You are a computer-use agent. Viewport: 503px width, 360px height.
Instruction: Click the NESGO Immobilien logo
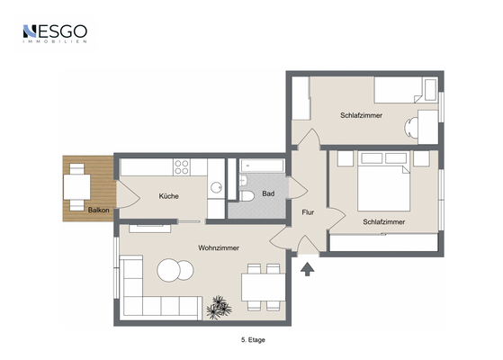click(55, 33)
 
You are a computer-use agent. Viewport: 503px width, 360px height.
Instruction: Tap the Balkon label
click(98, 211)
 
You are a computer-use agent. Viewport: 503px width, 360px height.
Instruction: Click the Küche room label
click(169, 196)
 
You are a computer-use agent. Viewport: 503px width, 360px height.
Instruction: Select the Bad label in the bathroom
click(268, 193)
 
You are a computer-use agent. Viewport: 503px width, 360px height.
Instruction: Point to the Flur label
click(308, 212)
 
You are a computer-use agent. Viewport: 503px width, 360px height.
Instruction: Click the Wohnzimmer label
click(219, 247)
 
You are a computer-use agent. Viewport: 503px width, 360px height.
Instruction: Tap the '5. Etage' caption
click(253, 340)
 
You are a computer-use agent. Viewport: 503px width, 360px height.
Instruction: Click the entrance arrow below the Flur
click(308, 269)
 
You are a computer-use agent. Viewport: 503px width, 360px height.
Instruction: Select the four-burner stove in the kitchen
click(181, 167)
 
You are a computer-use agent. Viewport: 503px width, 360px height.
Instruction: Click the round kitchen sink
click(216, 187)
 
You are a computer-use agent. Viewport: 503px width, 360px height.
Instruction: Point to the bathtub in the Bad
click(262, 166)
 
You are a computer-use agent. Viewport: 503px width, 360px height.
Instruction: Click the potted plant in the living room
click(219, 308)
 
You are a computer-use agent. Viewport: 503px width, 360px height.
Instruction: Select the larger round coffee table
click(168, 270)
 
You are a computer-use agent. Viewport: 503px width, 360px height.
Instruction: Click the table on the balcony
click(77, 186)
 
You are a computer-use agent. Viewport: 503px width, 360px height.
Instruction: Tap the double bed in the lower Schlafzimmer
click(383, 181)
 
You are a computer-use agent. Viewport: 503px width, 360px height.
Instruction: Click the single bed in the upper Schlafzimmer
click(406, 90)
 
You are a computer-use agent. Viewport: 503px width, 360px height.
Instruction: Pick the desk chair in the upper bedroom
click(411, 128)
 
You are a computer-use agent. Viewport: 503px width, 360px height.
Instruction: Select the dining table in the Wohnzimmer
click(264, 287)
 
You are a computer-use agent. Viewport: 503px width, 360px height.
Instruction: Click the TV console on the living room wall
click(149, 228)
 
